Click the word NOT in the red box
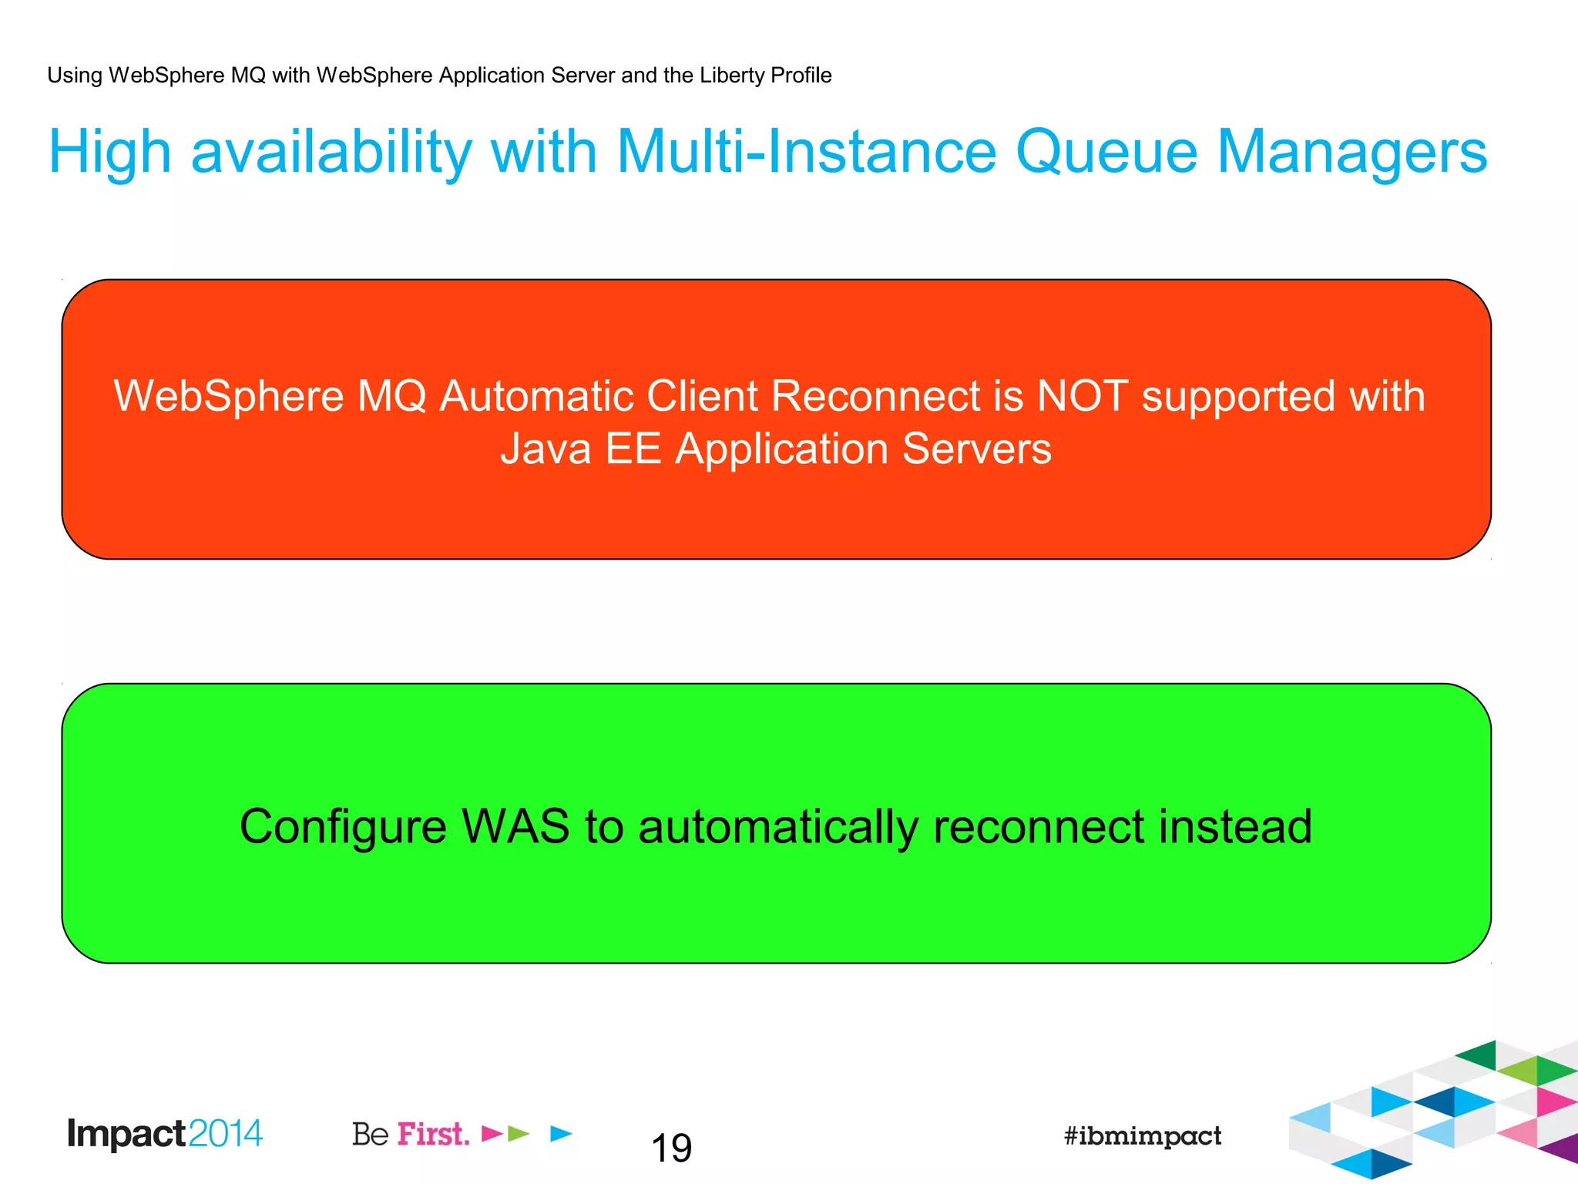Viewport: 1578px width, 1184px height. (1083, 396)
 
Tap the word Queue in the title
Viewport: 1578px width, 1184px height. (1106, 152)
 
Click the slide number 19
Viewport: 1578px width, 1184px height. (671, 1148)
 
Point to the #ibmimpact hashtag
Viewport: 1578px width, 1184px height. (1142, 1135)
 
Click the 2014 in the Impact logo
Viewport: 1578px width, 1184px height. (225, 1133)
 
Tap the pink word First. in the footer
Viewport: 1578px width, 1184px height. (433, 1134)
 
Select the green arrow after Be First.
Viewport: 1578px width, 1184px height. (519, 1133)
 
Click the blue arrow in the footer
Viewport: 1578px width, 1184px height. (562, 1133)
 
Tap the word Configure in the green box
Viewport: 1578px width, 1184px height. (342, 828)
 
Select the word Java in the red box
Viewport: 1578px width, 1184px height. (546, 449)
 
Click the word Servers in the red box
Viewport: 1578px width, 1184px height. (976, 449)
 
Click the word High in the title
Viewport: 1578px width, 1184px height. (109, 152)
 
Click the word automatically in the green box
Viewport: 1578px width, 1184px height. (777, 828)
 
